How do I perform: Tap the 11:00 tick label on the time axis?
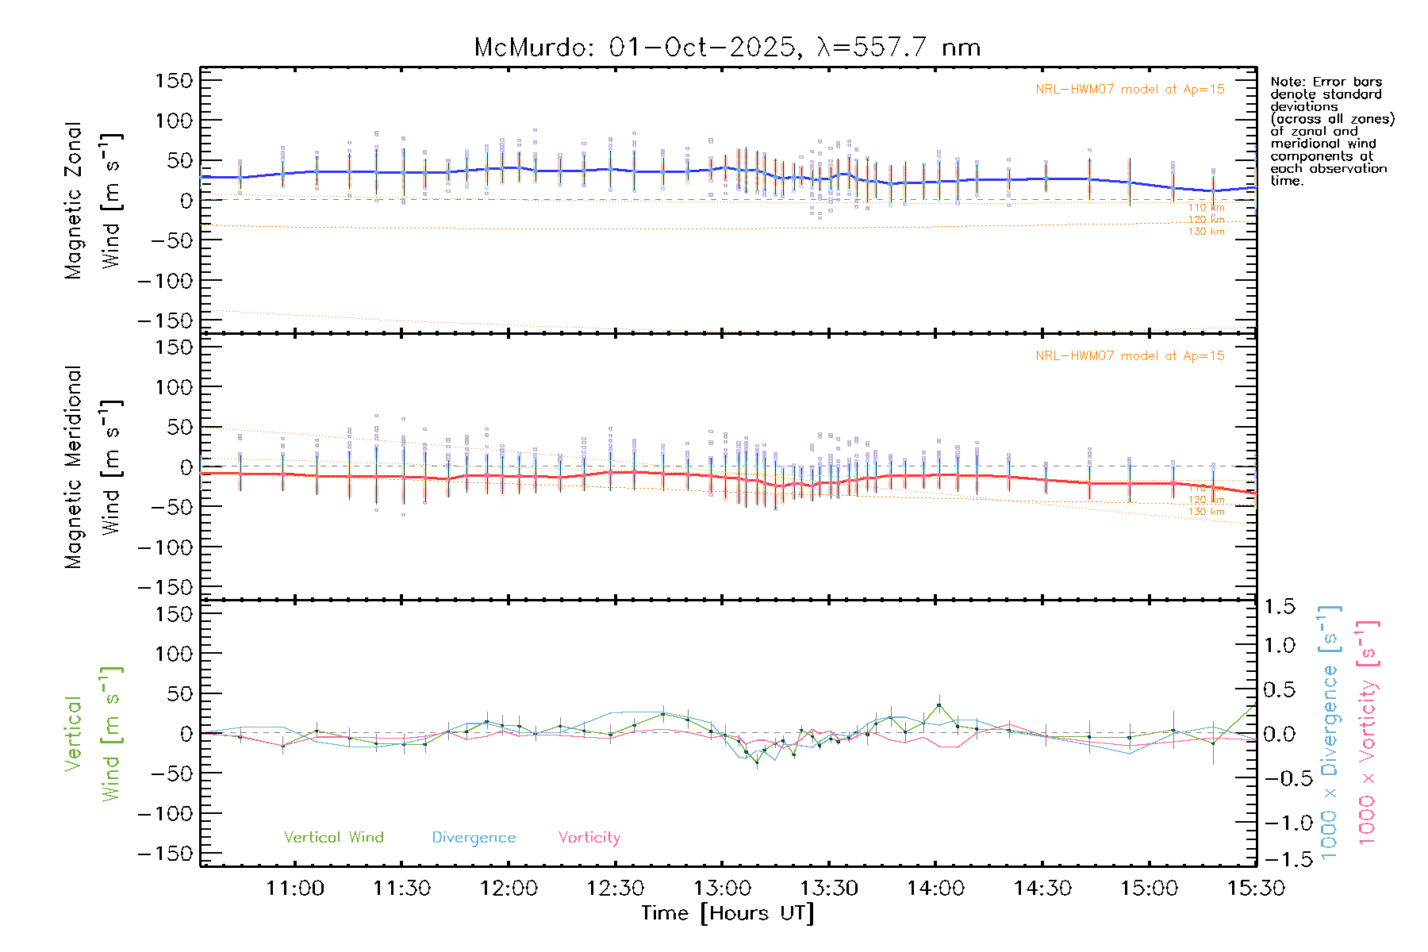(x=295, y=889)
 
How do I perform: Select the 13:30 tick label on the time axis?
(x=829, y=889)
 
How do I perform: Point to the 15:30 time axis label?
(x=1256, y=889)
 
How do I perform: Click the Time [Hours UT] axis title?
(x=727, y=914)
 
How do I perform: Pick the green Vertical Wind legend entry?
(x=333, y=837)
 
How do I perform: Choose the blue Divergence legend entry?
(x=474, y=837)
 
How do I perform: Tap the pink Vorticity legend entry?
(x=589, y=837)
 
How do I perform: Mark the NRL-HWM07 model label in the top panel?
(x=1130, y=90)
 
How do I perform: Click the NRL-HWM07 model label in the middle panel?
(x=1130, y=356)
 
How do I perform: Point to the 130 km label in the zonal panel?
(x=1206, y=232)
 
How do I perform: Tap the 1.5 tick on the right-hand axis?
(x=1279, y=607)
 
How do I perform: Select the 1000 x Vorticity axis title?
(x=1367, y=732)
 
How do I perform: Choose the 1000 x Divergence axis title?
(x=1329, y=732)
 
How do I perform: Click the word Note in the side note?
(x=1286, y=82)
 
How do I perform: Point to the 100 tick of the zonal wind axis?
(x=174, y=121)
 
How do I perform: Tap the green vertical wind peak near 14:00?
(x=939, y=704)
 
